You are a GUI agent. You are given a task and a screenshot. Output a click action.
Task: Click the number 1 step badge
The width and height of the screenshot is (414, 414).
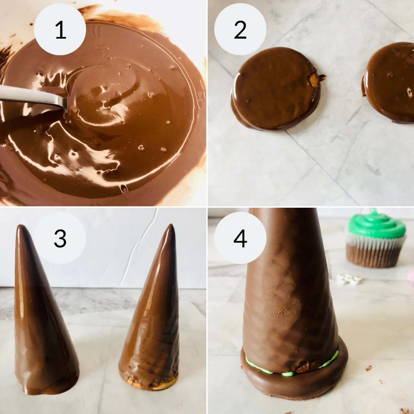pos(60,29)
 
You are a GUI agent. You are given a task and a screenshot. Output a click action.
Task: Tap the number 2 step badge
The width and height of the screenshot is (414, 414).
pos(240,29)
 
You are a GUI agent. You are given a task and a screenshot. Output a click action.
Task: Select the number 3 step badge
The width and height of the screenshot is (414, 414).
pos(60,238)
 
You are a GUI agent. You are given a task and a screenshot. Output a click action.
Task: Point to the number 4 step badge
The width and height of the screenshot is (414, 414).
pos(240,238)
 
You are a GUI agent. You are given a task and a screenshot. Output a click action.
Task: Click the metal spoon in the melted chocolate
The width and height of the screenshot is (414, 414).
pos(31,97)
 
